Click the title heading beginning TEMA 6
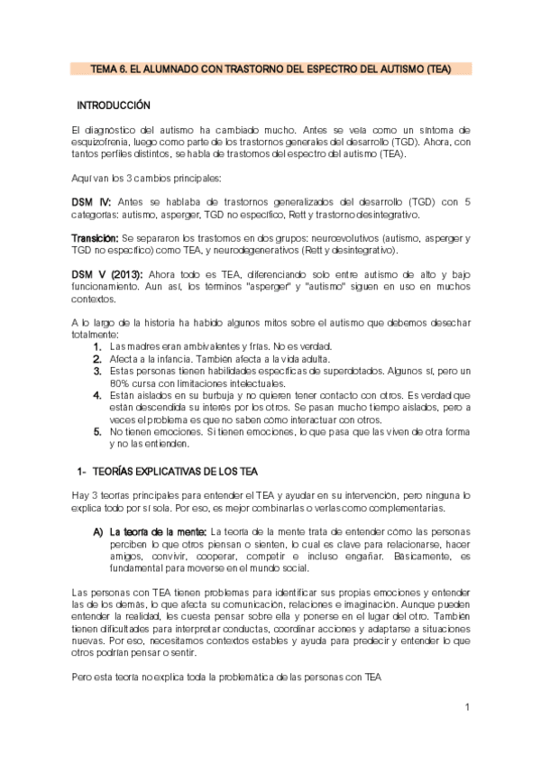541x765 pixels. click(x=270, y=69)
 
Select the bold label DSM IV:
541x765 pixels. click(x=89, y=201)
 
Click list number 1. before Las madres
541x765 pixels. click(x=97, y=346)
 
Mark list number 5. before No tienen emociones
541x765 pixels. click(x=97, y=432)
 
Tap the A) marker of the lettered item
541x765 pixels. click(x=97, y=532)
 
